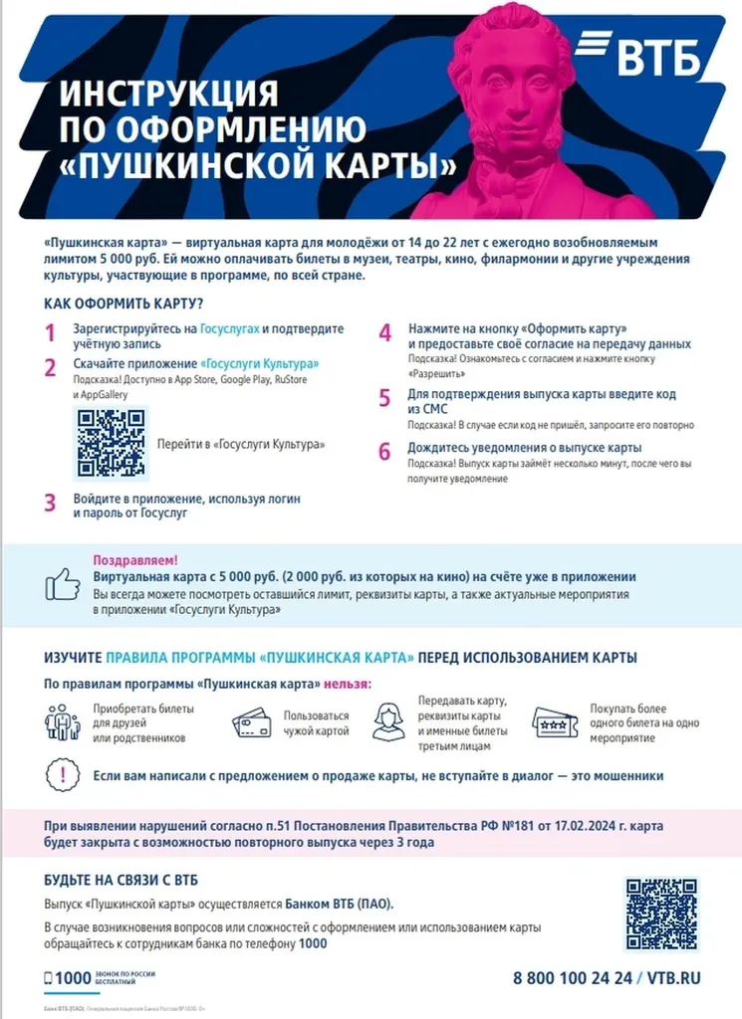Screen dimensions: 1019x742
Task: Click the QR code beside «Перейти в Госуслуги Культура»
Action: click(x=111, y=443)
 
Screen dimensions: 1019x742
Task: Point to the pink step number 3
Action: click(x=50, y=503)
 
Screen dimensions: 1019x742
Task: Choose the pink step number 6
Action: click(x=384, y=452)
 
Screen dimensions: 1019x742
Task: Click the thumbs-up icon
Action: click(x=63, y=583)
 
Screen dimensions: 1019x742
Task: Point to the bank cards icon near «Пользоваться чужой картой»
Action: click(x=251, y=722)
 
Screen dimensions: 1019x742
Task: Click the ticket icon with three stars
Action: click(x=556, y=722)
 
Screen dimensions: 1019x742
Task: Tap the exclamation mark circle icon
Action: click(x=62, y=775)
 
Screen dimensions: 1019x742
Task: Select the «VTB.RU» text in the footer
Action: click(x=674, y=977)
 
